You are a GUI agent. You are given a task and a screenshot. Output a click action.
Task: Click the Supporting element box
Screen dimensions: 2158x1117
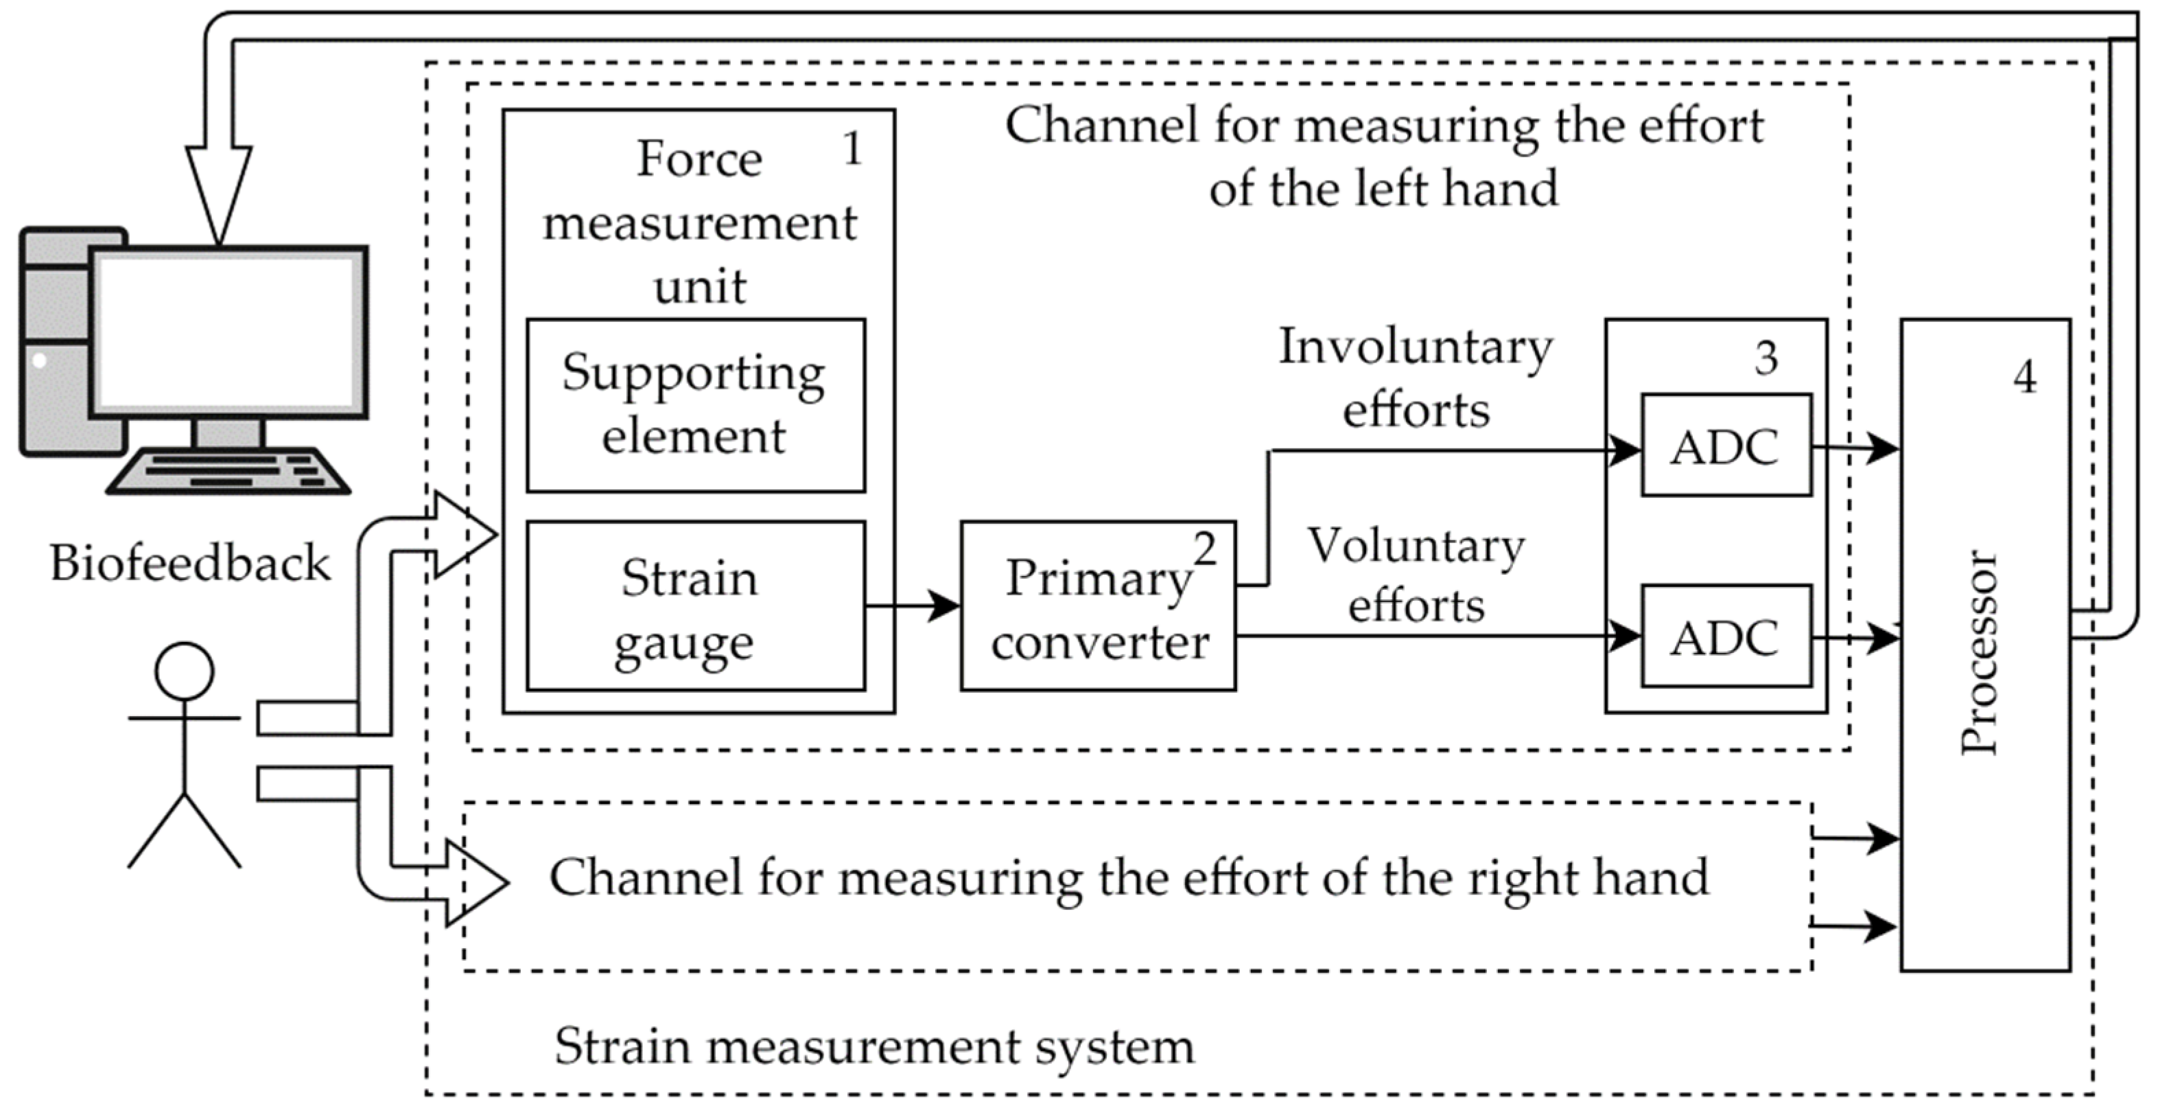point(695,405)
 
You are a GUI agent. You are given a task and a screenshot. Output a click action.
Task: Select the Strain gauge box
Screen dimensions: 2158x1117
point(695,606)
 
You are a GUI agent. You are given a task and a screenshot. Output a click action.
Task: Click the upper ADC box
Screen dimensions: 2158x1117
point(1726,445)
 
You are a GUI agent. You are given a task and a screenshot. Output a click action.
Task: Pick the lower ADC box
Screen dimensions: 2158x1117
point(1726,636)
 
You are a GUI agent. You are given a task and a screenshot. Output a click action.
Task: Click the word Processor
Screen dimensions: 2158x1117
point(1980,652)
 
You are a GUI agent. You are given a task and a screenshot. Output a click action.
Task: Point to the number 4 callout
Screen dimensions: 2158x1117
point(2025,377)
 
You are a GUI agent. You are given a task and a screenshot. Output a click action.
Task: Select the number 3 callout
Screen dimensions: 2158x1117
point(1766,358)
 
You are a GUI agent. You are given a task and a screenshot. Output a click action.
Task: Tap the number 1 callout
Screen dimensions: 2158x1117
point(852,148)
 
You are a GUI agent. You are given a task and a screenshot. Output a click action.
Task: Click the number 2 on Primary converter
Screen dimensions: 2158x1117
point(1205,549)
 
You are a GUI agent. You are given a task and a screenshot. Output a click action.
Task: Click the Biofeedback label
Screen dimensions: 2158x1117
point(190,562)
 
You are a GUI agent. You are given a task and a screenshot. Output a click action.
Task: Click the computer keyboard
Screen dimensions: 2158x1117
point(228,472)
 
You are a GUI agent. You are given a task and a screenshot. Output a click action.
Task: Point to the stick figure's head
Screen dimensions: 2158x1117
point(185,671)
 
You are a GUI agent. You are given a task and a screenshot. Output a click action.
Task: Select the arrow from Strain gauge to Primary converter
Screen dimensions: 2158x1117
point(913,605)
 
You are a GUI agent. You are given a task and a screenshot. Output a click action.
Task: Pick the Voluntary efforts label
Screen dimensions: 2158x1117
point(1416,575)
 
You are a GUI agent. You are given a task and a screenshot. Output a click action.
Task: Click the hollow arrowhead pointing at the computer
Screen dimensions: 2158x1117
point(219,196)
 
